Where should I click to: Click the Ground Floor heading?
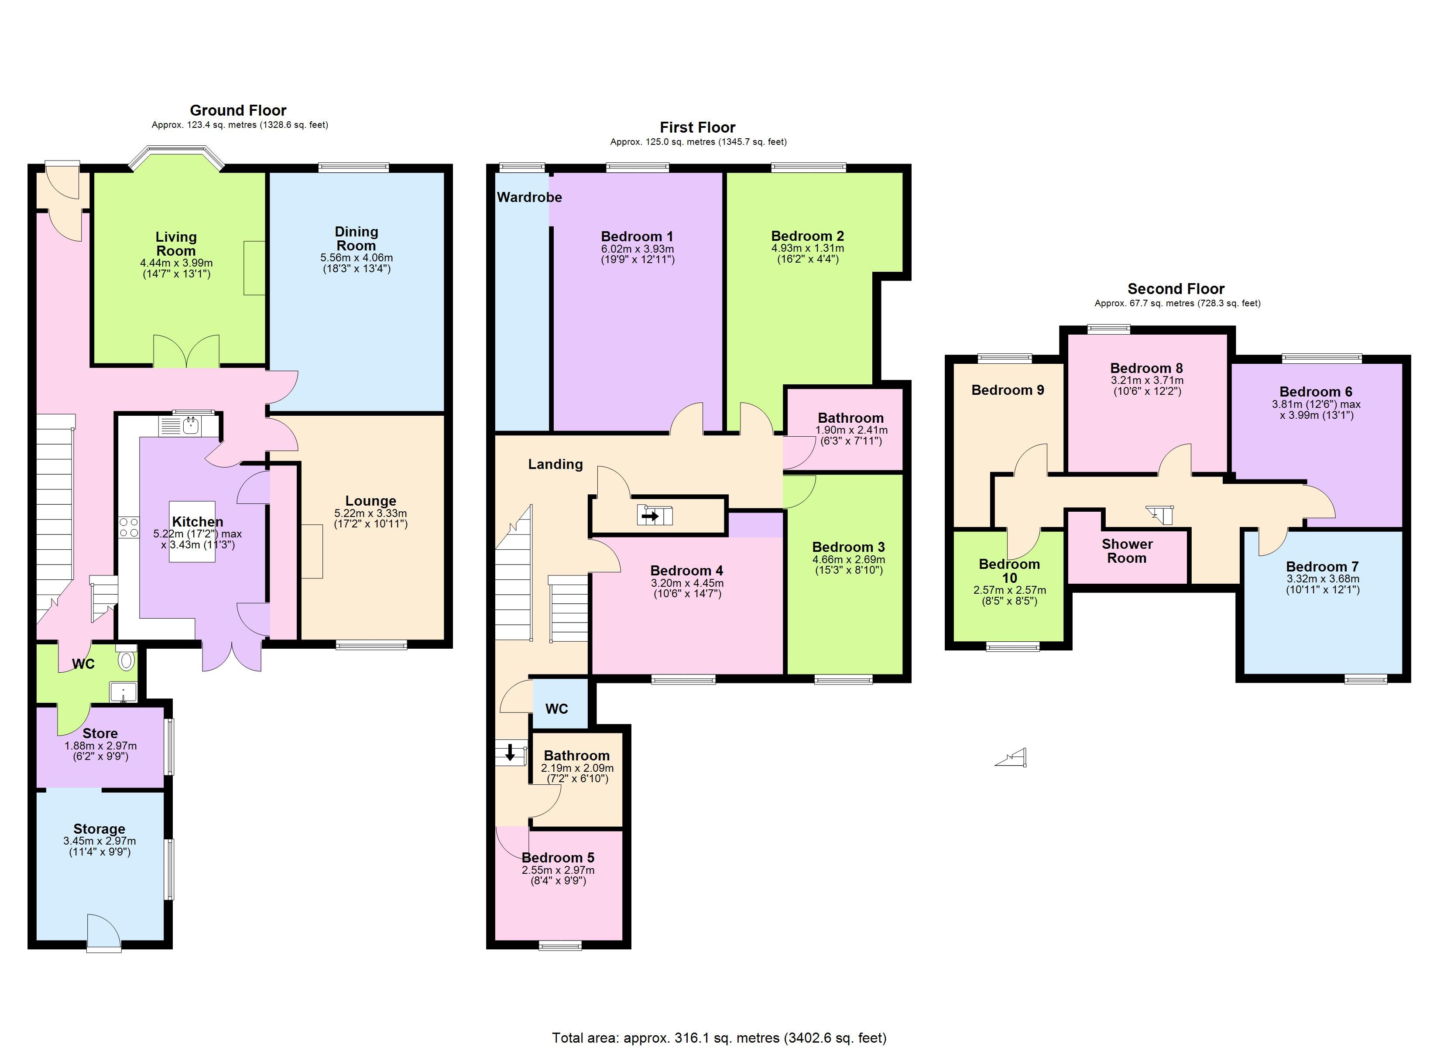(x=238, y=110)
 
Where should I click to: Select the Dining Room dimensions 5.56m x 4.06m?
(x=356, y=258)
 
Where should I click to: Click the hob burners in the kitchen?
(x=129, y=527)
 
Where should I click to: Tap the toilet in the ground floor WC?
(x=127, y=659)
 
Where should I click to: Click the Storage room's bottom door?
(x=103, y=932)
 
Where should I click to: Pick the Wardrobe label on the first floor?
(x=529, y=198)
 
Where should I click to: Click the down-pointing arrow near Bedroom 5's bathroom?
(x=510, y=753)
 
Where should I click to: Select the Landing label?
(x=555, y=464)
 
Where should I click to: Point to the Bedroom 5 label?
(x=558, y=858)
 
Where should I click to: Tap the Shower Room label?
(x=1127, y=551)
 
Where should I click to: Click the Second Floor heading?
(x=1176, y=289)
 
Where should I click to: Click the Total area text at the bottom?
(x=720, y=1037)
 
